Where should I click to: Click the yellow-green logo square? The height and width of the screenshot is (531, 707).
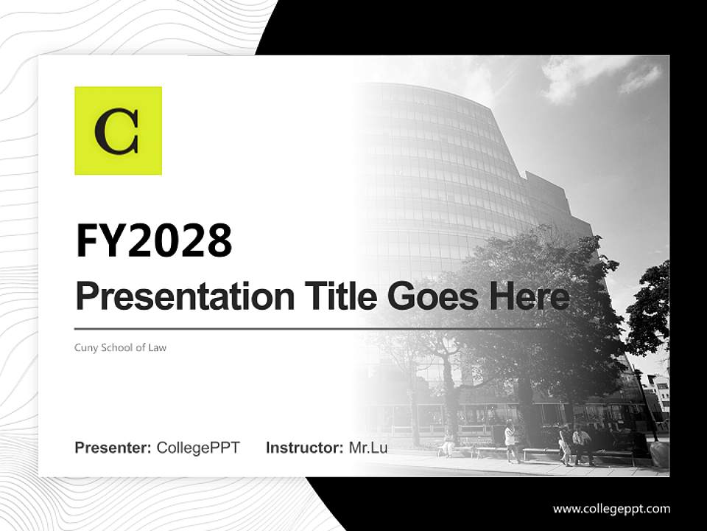pos(118,131)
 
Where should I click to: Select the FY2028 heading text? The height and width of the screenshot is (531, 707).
pos(154,240)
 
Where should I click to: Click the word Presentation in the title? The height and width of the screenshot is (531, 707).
pos(175,296)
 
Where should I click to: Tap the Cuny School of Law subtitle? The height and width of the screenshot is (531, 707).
pos(120,347)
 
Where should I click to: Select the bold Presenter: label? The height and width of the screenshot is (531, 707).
pos(113,448)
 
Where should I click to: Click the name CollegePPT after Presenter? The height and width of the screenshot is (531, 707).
pos(198,448)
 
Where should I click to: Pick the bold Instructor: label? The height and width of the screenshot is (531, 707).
pos(304,448)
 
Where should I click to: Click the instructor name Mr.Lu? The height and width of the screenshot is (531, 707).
pos(368,448)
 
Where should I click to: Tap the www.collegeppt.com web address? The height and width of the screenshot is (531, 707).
pos(611,509)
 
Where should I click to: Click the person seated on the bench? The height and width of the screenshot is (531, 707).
pos(447,443)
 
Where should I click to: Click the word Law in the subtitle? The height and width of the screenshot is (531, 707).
pos(158,347)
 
